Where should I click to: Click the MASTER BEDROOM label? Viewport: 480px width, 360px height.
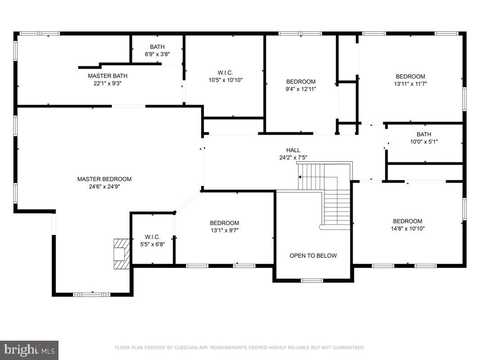click(x=104, y=179)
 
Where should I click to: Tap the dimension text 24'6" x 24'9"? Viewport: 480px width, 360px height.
click(x=104, y=186)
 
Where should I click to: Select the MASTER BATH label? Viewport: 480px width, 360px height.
click(x=108, y=76)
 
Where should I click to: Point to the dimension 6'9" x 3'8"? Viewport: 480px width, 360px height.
click(x=157, y=54)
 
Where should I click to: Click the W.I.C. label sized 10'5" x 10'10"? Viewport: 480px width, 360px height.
click(x=224, y=72)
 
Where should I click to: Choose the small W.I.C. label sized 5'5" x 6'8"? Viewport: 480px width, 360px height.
click(x=152, y=237)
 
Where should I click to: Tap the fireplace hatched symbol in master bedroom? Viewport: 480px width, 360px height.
click(x=121, y=254)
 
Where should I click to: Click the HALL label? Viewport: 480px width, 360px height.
click(x=293, y=150)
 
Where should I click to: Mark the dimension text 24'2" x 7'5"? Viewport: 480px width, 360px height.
click(x=293, y=157)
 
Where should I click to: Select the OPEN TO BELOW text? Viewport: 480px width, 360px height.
click(x=313, y=256)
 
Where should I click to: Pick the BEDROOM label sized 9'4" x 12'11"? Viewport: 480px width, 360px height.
click(x=301, y=81)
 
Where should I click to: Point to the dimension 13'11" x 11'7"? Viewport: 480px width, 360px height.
click(x=410, y=84)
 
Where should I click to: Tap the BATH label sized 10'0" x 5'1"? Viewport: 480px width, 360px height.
click(x=424, y=134)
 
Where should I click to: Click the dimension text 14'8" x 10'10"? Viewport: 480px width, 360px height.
click(x=408, y=228)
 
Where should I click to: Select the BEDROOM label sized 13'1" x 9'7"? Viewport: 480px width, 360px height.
click(x=224, y=223)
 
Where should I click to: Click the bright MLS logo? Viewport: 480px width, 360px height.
click(x=29, y=350)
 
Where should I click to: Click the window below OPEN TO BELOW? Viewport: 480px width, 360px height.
click(x=312, y=280)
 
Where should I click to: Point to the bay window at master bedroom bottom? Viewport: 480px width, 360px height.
click(x=92, y=294)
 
